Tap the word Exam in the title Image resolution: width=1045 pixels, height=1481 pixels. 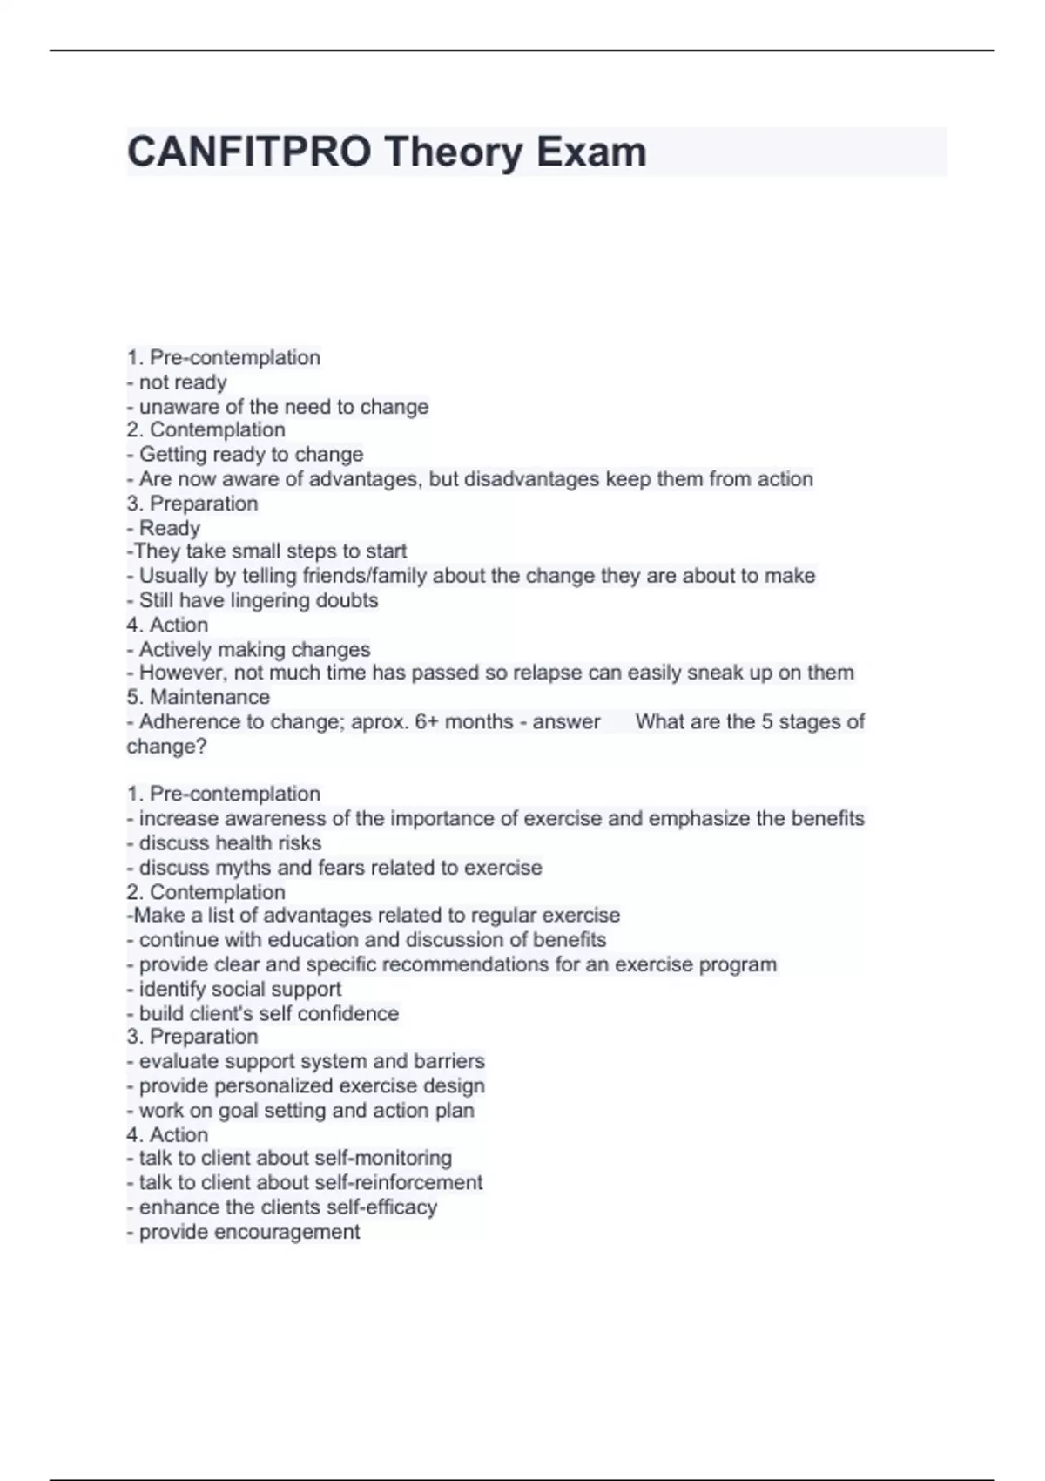click(591, 152)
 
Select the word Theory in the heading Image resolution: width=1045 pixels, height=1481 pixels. click(453, 152)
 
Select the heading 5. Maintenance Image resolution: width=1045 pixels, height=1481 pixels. click(199, 697)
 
